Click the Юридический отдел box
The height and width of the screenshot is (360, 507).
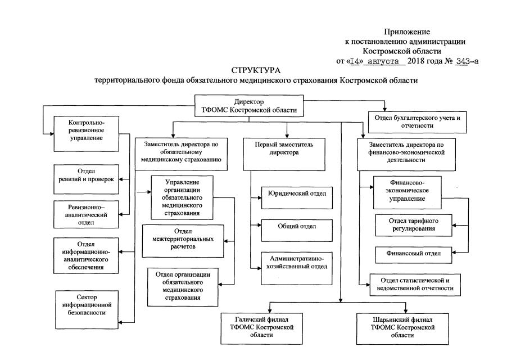pos(293,194)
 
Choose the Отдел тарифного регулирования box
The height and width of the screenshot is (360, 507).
pos(414,226)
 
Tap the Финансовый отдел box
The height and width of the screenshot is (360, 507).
pos(414,254)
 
